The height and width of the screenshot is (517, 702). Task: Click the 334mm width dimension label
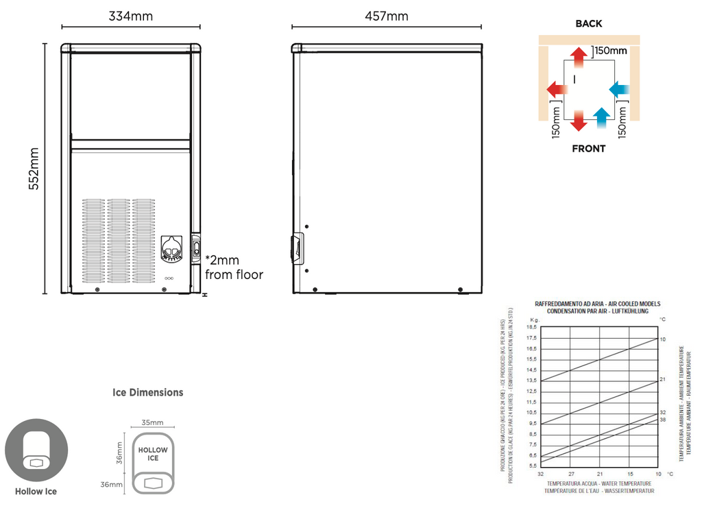130,16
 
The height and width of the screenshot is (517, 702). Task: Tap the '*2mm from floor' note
234,267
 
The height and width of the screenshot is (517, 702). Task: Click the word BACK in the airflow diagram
588,23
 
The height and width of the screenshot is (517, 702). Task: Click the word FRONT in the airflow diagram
588,148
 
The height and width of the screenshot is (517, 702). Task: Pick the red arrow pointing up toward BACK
579,59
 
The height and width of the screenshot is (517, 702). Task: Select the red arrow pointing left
557,88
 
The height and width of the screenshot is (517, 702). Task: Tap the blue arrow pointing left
620,88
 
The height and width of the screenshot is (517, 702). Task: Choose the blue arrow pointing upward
601,118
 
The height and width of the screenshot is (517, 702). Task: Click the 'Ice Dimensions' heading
148,392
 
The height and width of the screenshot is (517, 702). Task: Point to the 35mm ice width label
152,422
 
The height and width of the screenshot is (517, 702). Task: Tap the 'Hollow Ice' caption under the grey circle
36,491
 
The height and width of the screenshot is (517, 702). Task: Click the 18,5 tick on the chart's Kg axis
531,328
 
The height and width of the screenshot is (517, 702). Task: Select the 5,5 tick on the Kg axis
532,466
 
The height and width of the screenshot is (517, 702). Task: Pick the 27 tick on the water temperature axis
570,474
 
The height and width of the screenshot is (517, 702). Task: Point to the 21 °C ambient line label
663,379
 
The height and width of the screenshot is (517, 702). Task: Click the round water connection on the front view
172,249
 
